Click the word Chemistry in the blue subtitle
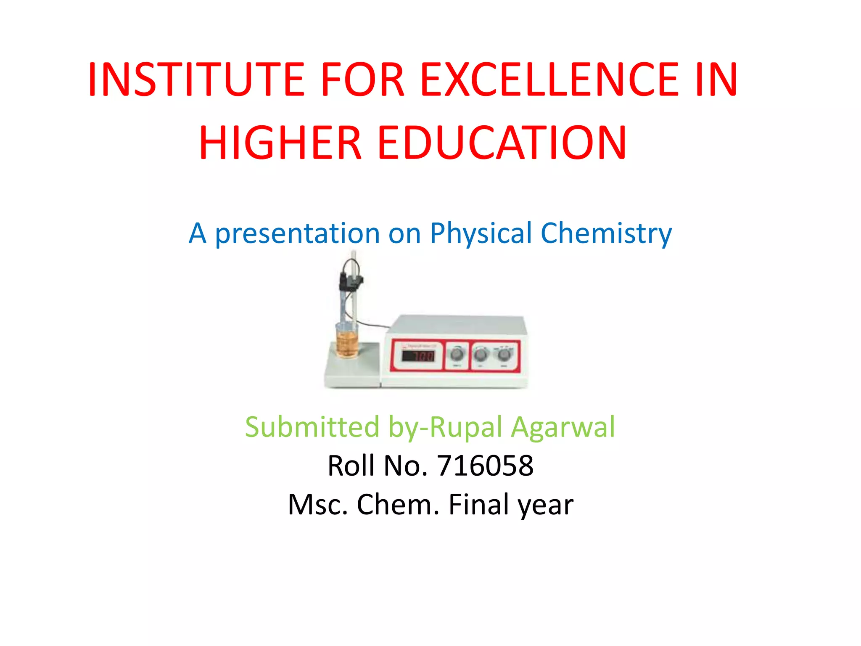(x=606, y=233)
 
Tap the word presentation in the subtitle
(x=297, y=233)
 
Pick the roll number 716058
(x=485, y=466)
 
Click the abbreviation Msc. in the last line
(x=318, y=505)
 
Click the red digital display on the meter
(x=418, y=356)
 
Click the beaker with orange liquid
(x=347, y=341)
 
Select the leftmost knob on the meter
(x=457, y=354)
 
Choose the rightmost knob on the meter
(x=504, y=355)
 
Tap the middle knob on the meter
(x=481, y=355)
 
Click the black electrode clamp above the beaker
(x=350, y=281)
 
